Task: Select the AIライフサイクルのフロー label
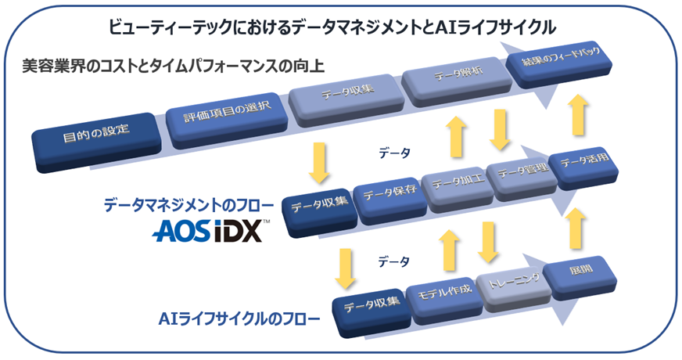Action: click(239, 320)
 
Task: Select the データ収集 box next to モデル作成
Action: click(374, 304)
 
